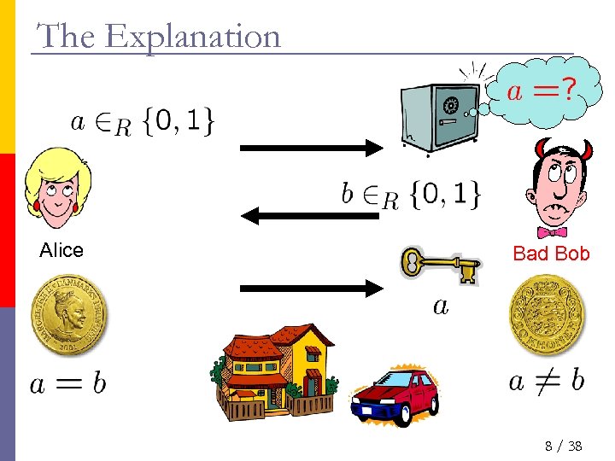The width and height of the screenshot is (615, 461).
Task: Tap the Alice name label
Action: pos(61,250)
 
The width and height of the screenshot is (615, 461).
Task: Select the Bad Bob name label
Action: pos(551,253)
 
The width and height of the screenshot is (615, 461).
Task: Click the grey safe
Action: pos(442,118)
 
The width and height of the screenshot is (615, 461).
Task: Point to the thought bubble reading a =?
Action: pos(537,90)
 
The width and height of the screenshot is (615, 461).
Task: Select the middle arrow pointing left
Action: pos(309,217)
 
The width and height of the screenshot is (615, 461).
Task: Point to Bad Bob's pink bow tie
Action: pos(552,231)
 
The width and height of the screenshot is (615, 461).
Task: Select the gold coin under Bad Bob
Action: pos(545,317)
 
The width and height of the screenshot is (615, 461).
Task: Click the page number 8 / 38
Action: pos(562,446)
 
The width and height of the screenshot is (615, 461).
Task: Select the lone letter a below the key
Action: pos(440,305)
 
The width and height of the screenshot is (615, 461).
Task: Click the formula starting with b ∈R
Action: pos(410,196)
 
